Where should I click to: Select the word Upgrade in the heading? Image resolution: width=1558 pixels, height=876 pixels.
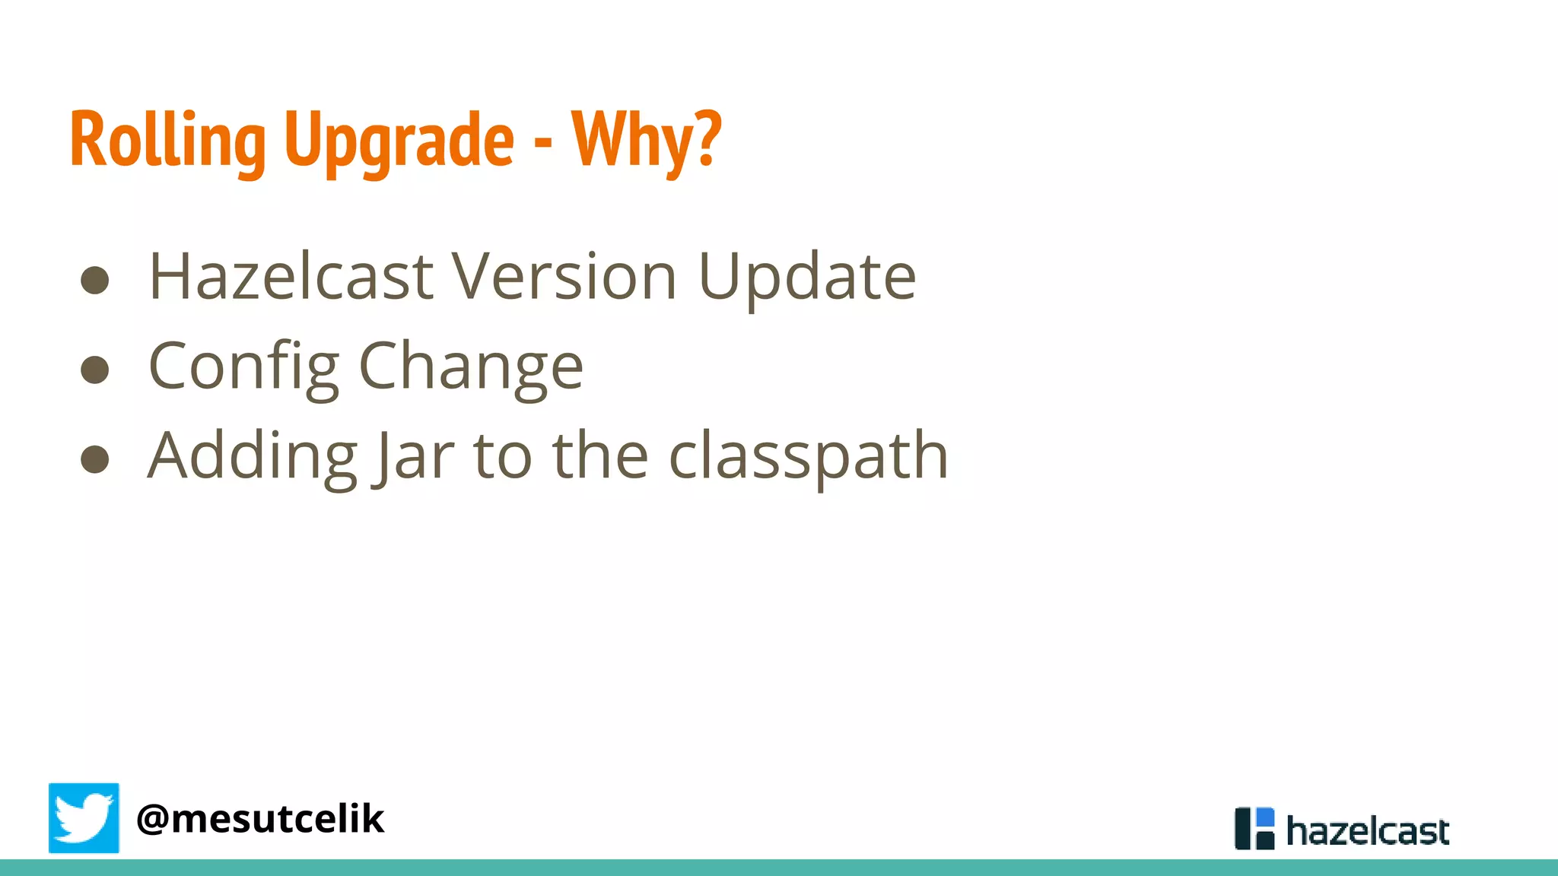[399, 141]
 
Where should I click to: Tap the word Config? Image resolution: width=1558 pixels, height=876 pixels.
[243, 367]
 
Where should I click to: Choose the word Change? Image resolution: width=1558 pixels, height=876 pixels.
[470, 367]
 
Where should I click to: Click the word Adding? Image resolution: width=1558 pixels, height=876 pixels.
[252, 456]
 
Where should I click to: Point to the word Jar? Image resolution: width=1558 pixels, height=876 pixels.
[413, 456]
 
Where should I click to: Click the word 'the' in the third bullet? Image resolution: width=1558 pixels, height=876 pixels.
[600, 455]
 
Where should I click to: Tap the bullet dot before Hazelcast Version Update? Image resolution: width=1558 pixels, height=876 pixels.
[95, 280]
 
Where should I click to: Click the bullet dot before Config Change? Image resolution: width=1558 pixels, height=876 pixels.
[95, 370]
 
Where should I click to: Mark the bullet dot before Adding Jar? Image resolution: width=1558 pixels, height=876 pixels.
[95, 459]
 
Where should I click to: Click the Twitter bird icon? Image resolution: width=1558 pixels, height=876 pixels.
[84, 817]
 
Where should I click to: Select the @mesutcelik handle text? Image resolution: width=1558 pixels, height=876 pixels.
[260, 819]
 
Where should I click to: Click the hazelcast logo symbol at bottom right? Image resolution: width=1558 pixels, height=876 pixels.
[1254, 828]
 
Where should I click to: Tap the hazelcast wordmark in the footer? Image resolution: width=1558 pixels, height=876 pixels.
[1367, 830]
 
